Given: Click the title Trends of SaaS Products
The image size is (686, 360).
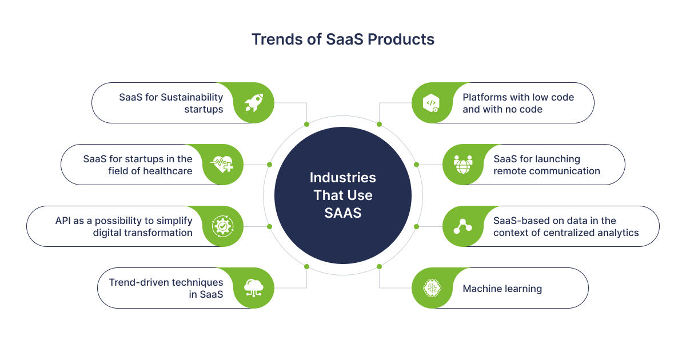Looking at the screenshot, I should pyautogui.click(x=343, y=39).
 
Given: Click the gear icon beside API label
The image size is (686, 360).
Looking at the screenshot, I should pyautogui.click(x=222, y=226).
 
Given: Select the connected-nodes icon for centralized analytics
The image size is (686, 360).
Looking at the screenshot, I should pyautogui.click(x=462, y=226).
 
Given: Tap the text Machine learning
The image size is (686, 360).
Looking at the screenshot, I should pyautogui.click(x=502, y=289).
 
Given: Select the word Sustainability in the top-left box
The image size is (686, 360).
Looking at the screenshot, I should pyautogui.click(x=192, y=97).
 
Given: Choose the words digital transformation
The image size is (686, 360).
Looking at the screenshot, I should pyautogui.click(x=143, y=233).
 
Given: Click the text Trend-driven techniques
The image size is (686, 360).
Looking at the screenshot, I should pyautogui.click(x=166, y=282).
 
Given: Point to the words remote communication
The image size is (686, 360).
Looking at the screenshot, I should pyautogui.click(x=547, y=171).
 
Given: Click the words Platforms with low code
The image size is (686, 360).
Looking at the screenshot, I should pyautogui.click(x=518, y=97).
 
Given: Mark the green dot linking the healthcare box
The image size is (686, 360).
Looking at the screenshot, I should pyautogui.click(x=269, y=165).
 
